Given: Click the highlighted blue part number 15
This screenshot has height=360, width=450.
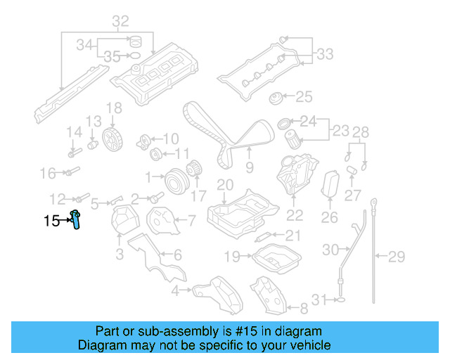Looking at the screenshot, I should coord(75,219).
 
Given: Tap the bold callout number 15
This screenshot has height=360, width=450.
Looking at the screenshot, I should coord(52,221).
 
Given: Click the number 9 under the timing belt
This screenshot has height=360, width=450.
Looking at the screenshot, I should coord(249,167).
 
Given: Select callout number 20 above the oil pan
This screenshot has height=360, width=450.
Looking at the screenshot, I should coord(224,186).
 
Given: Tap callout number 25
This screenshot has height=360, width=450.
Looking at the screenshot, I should coord(303,96).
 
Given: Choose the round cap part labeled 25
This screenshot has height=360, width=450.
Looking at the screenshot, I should coord(276,97).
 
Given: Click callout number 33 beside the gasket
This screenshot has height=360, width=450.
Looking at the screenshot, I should coord(325,53).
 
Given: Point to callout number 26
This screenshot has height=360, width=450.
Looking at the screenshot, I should coord(329,218).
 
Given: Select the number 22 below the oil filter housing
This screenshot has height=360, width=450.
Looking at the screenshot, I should coord(294,215).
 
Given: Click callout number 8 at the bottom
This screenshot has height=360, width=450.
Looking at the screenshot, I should coord(303,307).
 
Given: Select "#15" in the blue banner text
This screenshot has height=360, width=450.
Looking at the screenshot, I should coord(221,331).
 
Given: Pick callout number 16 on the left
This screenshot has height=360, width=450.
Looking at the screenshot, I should coord(47,173).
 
